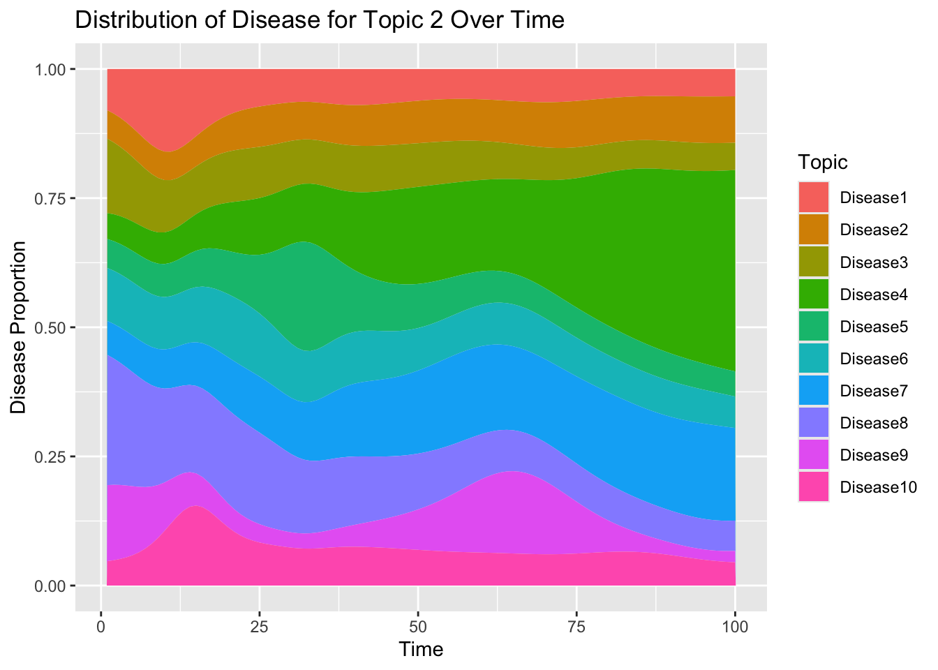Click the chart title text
pyautogui.click(x=319, y=20)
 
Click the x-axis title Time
pyautogui.click(x=421, y=650)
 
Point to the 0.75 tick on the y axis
pyautogui.click(x=52, y=199)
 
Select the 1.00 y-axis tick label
pyautogui.click(x=52, y=70)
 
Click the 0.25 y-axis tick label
pyautogui.click(x=52, y=457)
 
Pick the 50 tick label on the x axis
pyautogui.click(x=417, y=626)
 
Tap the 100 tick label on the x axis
pyautogui.click(x=735, y=626)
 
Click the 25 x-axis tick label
pyautogui.click(x=259, y=626)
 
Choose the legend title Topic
pyautogui.click(x=824, y=163)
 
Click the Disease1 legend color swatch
pyautogui.click(x=814, y=198)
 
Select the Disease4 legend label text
pyautogui.click(x=874, y=295)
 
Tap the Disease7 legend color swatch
pyautogui.click(x=814, y=391)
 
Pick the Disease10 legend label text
pyautogui.click(x=878, y=487)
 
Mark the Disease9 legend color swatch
pyautogui.click(x=814, y=455)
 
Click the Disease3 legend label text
pyautogui.click(x=874, y=262)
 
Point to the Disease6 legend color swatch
pyautogui.click(x=814, y=359)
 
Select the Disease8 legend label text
pyautogui.click(x=874, y=423)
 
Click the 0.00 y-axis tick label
pyautogui.click(x=52, y=586)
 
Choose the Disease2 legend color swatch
pyautogui.click(x=814, y=230)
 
